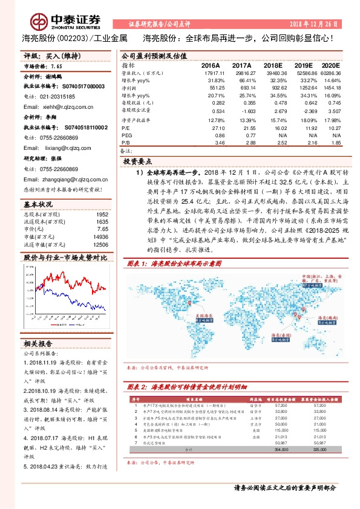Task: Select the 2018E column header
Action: pyautogui.click(x=272, y=65)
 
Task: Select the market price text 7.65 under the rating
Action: pyautogui.click(x=56, y=67)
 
